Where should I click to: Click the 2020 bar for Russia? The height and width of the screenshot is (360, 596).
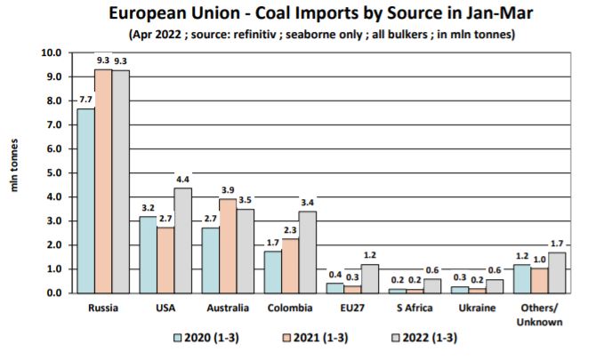(86, 201)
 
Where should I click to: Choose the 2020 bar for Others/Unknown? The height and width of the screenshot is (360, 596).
(522, 278)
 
